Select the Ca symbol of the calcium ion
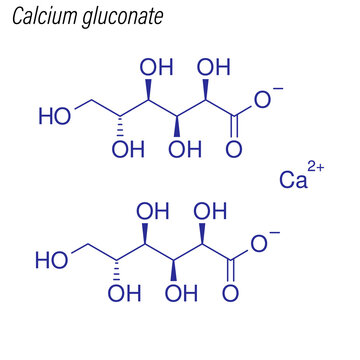pos(292,180)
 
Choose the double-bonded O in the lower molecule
pos(232,294)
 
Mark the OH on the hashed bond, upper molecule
pos(127,150)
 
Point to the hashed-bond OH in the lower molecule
pos(124,294)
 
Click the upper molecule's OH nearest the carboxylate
pos(211,69)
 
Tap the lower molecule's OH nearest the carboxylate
pos(208,213)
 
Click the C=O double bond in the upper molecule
pos(235,129)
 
